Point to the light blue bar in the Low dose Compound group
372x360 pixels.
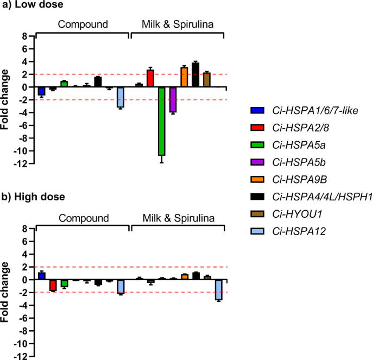coord(121,97)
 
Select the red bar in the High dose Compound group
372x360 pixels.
coord(53,285)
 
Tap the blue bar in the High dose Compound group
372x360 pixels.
coord(42,276)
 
